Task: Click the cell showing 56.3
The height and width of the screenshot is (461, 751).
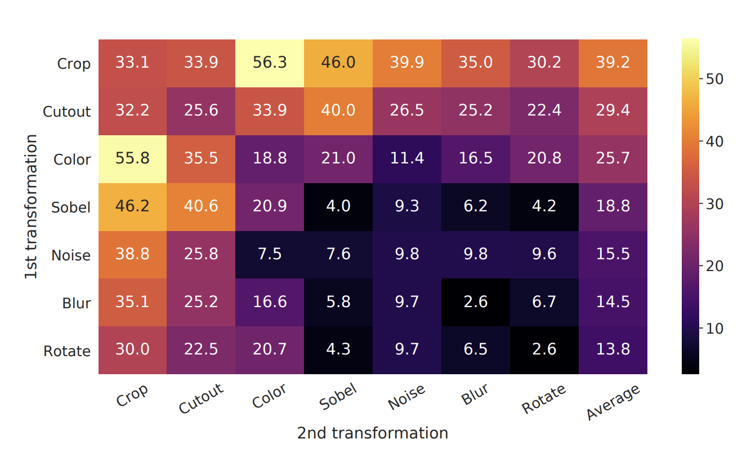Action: pos(270,63)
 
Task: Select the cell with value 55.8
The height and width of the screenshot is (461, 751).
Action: pos(132,159)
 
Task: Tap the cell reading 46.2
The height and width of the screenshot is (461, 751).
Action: pos(132,207)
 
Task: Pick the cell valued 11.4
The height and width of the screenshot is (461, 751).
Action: pos(406,159)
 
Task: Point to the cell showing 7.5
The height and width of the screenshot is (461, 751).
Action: pos(270,255)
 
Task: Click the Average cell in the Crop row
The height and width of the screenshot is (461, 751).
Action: pos(613,63)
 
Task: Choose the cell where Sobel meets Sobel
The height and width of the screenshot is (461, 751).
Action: pos(338,207)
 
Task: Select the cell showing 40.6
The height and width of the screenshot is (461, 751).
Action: pos(201,207)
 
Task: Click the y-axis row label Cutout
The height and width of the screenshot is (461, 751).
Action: pos(66,112)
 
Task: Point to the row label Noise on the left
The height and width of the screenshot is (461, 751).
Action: pos(70,255)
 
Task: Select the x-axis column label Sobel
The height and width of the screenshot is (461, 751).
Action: pos(337,397)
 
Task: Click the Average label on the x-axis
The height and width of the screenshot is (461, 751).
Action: pos(613,402)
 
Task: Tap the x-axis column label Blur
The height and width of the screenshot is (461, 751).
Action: pos(474,394)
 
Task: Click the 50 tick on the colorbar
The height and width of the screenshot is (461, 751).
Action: pos(710,79)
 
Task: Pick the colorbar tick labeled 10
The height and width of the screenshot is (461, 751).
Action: pos(710,328)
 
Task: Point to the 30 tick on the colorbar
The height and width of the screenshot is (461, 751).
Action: pos(710,203)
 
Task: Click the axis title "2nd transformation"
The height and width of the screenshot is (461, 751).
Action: pos(372,433)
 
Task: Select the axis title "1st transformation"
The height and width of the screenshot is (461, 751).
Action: pos(32,206)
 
